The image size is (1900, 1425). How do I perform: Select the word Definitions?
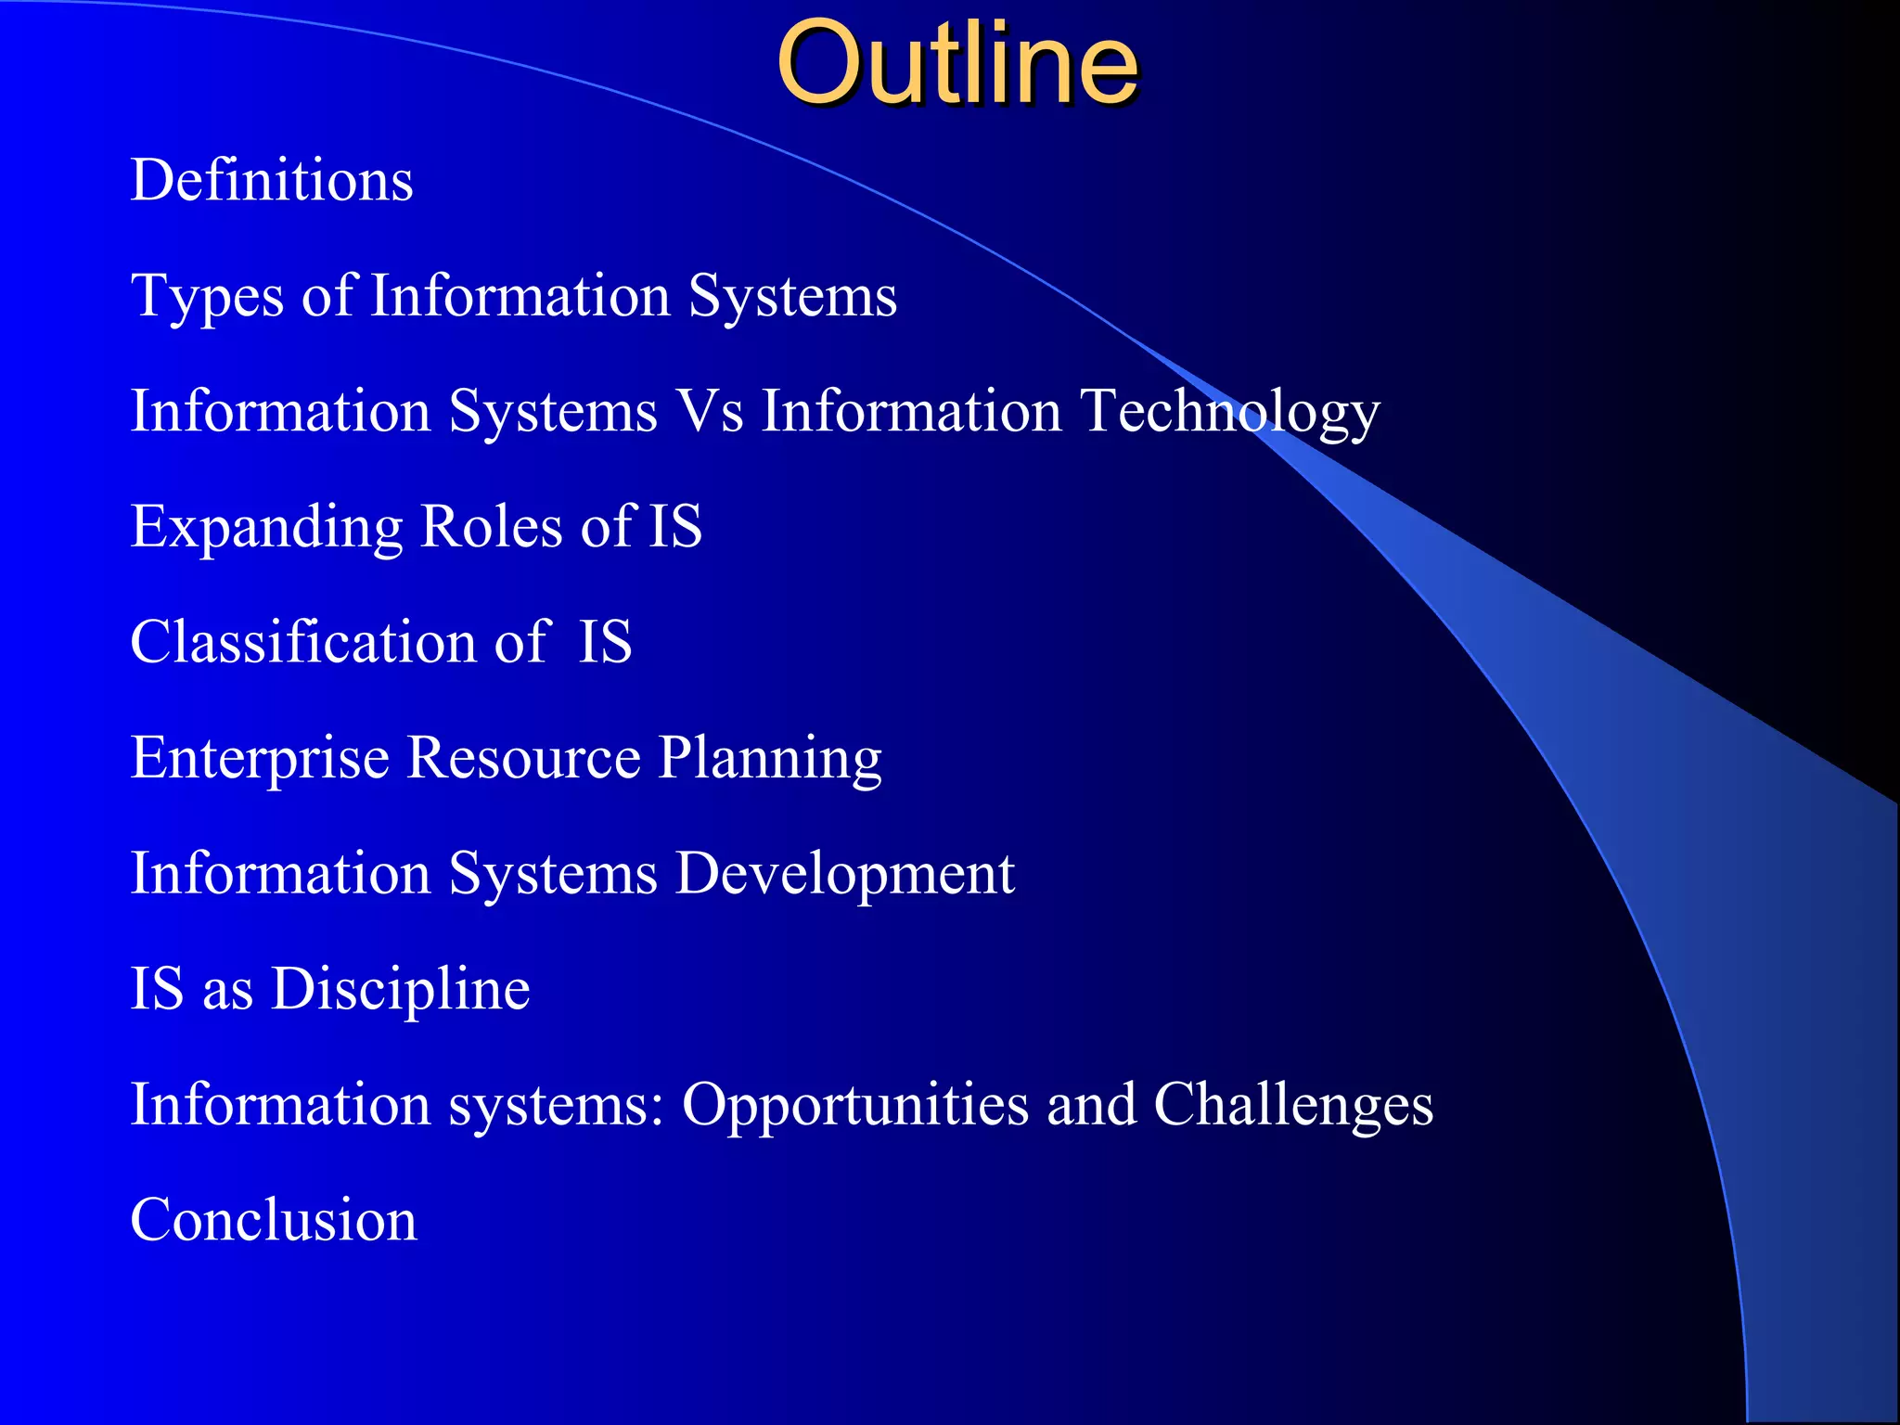coord(272,180)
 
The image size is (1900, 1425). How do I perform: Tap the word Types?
coord(207,297)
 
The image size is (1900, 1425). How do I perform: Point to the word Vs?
coord(710,411)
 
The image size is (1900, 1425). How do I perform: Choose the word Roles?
coord(492,527)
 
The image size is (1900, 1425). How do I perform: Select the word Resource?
coord(523,758)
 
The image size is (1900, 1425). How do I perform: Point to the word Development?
coord(844,875)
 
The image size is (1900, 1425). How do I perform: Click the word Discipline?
coord(400,990)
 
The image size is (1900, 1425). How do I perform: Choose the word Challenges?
coord(1293,1105)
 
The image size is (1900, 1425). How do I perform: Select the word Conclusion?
coord(274,1220)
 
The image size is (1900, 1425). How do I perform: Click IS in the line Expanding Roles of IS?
coord(674,527)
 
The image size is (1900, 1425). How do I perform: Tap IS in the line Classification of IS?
coord(605,642)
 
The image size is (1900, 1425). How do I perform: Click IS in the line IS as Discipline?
coord(157,989)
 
